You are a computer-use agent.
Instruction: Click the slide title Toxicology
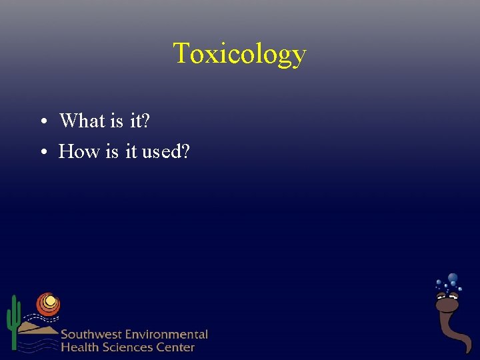[240, 53]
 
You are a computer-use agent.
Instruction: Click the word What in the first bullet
[82, 121]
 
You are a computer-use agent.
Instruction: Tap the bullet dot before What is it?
[42, 122]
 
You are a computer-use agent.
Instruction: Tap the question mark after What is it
[146, 121]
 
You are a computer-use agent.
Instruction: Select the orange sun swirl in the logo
[48, 304]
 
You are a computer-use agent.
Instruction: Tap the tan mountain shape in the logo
[37, 327]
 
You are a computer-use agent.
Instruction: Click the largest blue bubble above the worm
[453, 277]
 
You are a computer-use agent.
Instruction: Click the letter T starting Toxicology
[181, 53]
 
